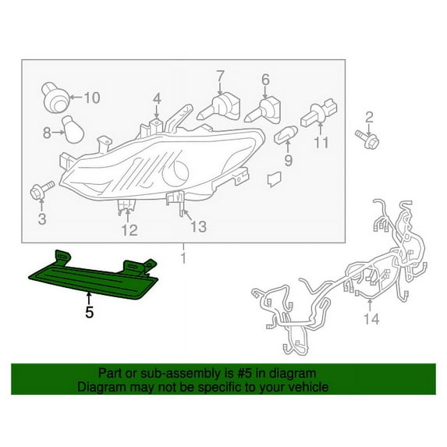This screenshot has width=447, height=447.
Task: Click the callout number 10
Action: click(x=92, y=98)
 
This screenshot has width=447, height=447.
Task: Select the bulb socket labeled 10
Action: click(x=55, y=97)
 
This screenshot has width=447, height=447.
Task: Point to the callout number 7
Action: click(x=220, y=76)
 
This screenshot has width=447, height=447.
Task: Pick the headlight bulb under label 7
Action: click(x=218, y=108)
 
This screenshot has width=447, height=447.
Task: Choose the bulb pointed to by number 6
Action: click(x=263, y=111)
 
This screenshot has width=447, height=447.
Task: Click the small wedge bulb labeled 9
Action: click(x=286, y=135)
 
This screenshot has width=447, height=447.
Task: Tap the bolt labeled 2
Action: click(x=367, y=140)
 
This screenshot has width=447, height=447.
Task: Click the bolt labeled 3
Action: click(x=42, y=190)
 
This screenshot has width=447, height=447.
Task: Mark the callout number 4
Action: click(x=157, y=99)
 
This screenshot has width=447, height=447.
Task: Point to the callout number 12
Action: click(x=129, y=230)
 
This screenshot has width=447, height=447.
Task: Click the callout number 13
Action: click(x=198, y=227)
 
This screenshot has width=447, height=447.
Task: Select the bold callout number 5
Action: click(x=90, y=312)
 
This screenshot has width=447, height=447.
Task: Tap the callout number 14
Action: click(x=371, y=319)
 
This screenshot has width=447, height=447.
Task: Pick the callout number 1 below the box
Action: click(x=183, y=257)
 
